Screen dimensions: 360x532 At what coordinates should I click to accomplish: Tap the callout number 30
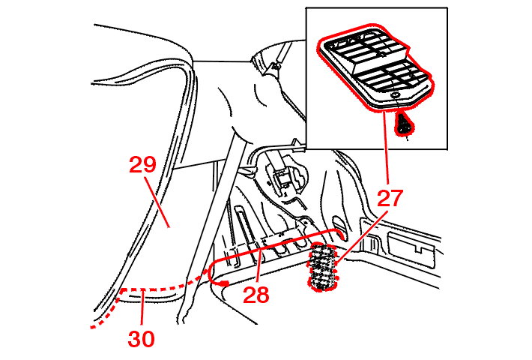click(142, 339)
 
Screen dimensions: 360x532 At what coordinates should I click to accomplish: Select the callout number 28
click(256, 295)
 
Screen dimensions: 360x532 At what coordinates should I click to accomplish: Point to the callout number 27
click(390, 199)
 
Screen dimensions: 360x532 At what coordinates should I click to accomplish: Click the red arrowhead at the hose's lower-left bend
click(223, 283)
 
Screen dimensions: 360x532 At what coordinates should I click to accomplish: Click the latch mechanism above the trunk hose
click(283, 180)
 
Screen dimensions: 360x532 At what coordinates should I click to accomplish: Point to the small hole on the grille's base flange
click(393, 95)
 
